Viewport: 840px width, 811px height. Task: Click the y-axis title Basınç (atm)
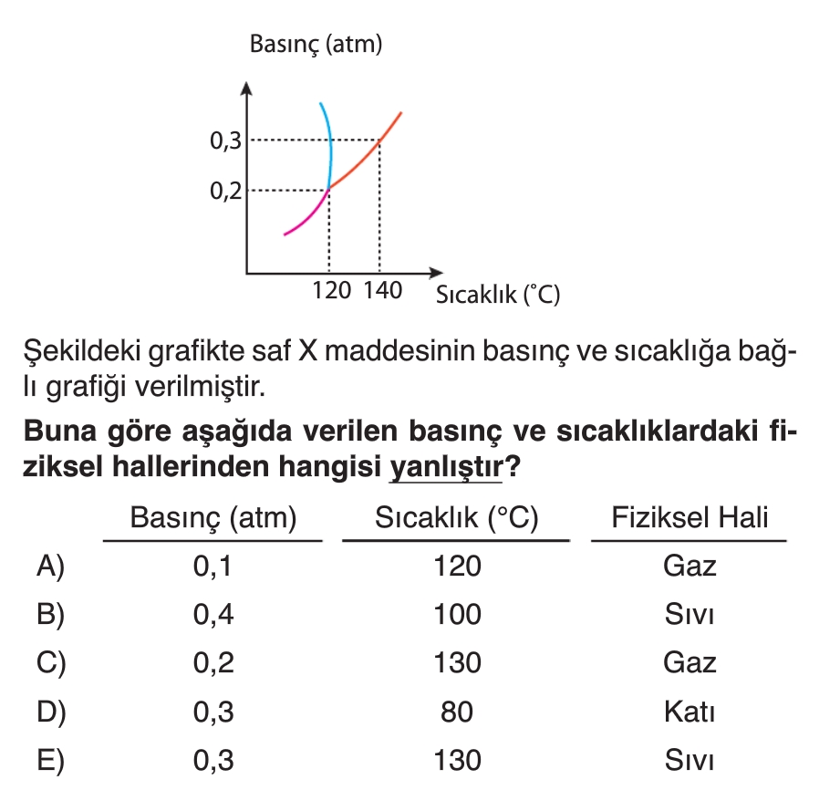click(316, 44)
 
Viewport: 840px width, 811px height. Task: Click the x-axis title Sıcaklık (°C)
click(497, 295)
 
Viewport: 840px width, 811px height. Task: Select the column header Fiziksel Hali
click(690, 518)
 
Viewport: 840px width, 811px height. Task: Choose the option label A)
click(51, 567)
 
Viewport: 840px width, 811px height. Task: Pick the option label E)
click(51, 760)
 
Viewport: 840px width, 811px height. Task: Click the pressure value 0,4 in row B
click(213, 615)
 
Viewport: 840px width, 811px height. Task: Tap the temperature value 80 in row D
click(457, 712)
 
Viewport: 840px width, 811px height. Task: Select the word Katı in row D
click(690, 712)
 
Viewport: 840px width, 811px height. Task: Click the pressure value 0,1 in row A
click(213, 567)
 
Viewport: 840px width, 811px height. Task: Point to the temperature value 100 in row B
click(457, 615)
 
